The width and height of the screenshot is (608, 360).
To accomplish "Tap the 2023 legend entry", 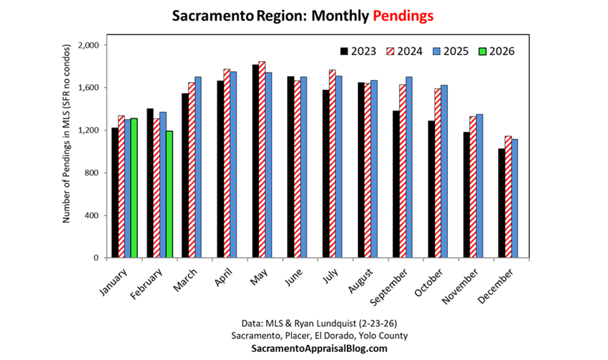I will (358, 51).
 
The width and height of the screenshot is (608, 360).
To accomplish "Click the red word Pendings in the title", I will (403, 16).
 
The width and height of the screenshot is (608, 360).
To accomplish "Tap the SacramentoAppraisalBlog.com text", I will (319, 349).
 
